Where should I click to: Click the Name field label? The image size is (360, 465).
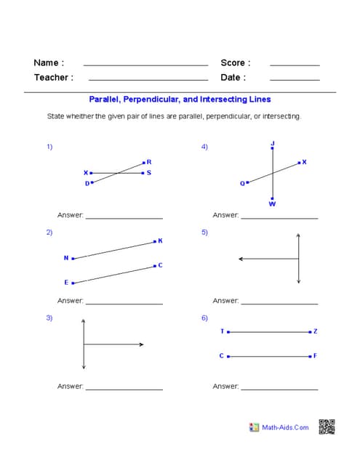coord(49,62)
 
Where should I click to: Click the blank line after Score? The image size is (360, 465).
coord(295,65)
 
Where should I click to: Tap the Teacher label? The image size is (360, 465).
coord(53,77)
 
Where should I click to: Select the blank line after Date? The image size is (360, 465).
coord(295,79)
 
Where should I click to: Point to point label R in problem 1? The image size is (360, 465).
coord(149,162)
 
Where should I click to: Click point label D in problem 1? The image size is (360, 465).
coord(87,183)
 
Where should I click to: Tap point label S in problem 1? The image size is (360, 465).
coord(149,173)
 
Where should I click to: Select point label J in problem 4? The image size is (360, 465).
coord(272,142)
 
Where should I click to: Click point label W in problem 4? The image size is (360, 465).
coord(272,204)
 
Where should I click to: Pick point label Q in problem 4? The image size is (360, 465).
coord(242,183)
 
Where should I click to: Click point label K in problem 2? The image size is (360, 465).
coord(160,240)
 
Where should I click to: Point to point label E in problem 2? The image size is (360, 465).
coord(66,282)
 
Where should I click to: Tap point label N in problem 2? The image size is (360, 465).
coord(65,258)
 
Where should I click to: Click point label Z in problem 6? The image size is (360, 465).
coord(315,331)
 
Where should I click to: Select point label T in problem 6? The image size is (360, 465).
coord(222,331)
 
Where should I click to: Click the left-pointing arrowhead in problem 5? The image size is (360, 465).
coord(241,259)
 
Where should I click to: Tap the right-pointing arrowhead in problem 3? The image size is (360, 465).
coord(141,344)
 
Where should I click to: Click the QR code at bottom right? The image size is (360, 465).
coord(327,427)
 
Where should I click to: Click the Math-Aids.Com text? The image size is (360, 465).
coord(285,427)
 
